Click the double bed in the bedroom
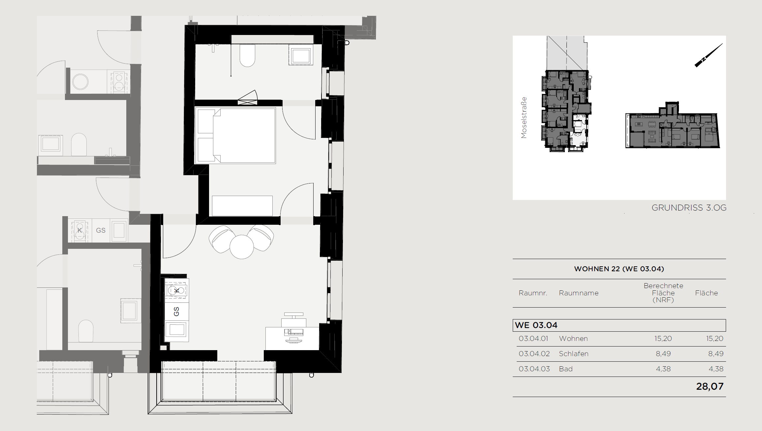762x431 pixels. click(x=235, y=135)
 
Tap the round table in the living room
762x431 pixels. click(x=242, y=247)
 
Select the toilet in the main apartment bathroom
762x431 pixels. click(x=247, y=55)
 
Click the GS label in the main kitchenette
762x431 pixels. click(x=176, y=312)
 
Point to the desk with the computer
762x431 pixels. click(x=292, y=338)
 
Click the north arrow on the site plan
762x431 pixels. click(x=709, y=55)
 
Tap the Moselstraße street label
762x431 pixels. click(x=524, y=117)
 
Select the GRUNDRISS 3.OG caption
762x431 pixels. click(x=689, y=208)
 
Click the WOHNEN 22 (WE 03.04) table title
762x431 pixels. click(x=619, y=269)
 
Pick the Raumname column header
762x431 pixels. click(x=578, y=293)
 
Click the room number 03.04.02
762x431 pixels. click(x=534, y=354)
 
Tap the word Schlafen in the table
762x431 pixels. click(x=573, y=354)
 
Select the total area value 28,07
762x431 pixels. click(x=710, y=386)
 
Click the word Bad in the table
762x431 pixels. click(x=565, y=369)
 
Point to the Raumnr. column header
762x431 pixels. click(x=533, y=293)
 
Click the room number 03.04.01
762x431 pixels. click(x=533, y=339)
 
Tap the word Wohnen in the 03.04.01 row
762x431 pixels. click(x=573, y=339)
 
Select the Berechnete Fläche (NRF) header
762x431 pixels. click(x=663, y=293)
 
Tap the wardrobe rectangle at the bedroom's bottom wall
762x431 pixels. click(x=242, y=206)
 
